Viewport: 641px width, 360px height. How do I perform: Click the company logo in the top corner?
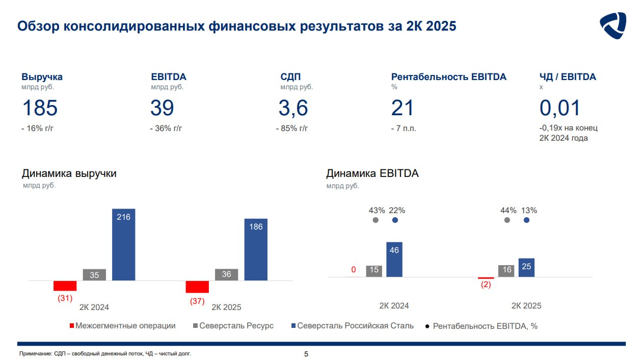(612, 25)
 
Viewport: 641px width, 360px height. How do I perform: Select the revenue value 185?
(40, 108)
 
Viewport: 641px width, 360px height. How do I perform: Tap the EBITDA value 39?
(162, 108)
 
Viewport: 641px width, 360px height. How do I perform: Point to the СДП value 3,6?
(293, 108)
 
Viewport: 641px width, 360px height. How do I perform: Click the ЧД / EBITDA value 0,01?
(560, 108)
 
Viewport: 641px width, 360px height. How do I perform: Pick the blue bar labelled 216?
(123, 245)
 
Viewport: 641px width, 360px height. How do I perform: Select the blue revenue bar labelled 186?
(256, 250)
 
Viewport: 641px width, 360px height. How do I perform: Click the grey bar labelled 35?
(94, 275)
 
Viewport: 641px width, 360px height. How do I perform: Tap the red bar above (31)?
(65, 286)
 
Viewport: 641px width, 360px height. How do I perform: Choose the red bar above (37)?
(197, 287)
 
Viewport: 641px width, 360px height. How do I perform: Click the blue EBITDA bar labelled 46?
(394, 260)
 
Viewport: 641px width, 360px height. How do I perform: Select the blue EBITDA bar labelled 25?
(526, 268)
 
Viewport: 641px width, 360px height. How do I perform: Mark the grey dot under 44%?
(506, 220)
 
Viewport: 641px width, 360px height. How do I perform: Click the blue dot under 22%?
(395, 220)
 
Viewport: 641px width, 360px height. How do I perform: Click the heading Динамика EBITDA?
(372, 173)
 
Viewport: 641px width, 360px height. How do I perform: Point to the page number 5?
(306, 354)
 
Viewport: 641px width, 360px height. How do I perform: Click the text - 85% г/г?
(292, 128)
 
